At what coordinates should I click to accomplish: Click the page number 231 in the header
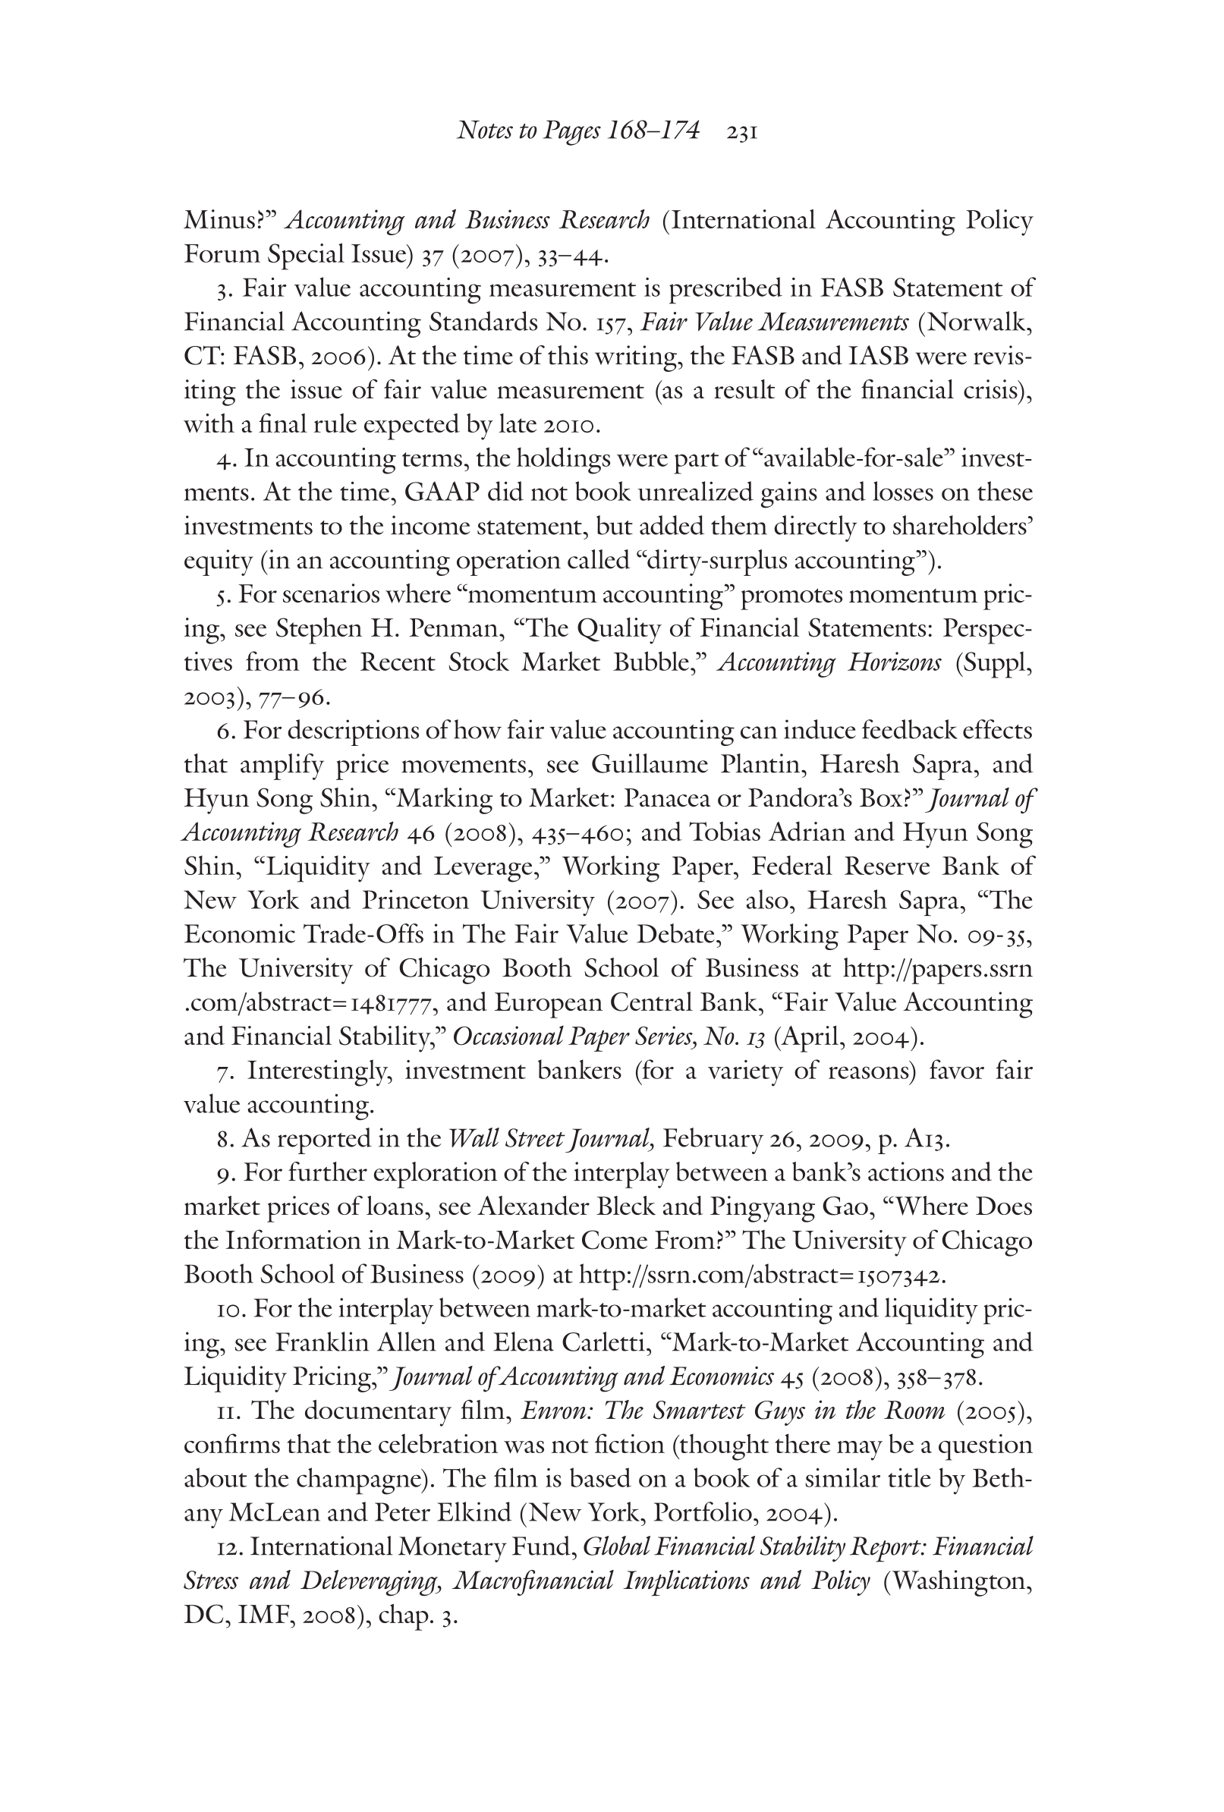coord(741,133)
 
